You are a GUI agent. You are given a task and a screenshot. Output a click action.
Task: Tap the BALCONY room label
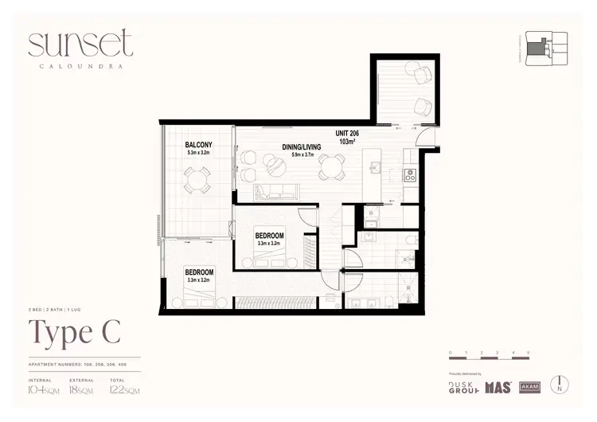pos(197,144)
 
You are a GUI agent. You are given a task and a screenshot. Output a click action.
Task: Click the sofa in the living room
pos(275,192)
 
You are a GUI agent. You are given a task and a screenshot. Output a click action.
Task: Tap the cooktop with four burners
pos(410,177)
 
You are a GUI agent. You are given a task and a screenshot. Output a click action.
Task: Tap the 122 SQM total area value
pos(126,390)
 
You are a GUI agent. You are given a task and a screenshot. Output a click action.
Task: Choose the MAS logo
pos(499,387)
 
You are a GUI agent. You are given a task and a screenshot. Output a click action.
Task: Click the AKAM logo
pos(529,387)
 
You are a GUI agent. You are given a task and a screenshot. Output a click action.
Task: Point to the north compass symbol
pos(562,384)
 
